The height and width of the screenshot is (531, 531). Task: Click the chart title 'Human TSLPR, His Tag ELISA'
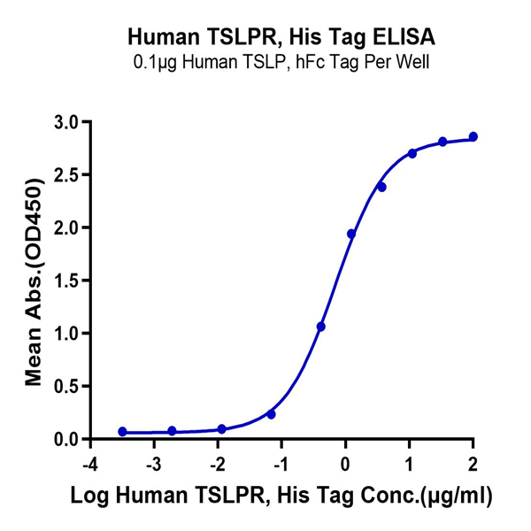281,37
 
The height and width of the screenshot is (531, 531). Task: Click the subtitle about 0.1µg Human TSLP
281,64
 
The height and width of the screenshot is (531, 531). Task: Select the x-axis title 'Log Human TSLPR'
281,494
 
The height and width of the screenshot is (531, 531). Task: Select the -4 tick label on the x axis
88,464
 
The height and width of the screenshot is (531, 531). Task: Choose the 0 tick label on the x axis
346,464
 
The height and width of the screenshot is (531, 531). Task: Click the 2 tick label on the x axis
473,464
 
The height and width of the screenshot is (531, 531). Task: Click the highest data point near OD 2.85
473,136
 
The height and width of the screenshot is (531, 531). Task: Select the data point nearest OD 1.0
321,327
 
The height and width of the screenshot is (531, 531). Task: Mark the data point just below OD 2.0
351,234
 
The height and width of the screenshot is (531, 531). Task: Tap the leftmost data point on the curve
122,432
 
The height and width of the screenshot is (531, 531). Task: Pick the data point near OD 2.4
381,187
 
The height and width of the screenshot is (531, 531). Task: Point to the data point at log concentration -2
221,429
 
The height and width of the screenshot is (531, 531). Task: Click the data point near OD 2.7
412,153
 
